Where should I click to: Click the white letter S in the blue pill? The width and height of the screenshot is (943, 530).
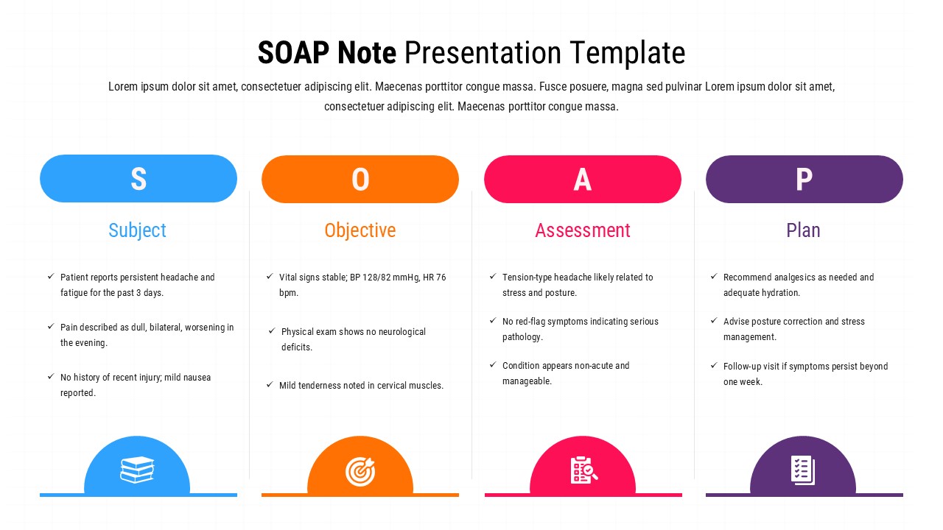(x=139, y=179)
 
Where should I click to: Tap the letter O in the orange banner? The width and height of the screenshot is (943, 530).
(x=360, y=180)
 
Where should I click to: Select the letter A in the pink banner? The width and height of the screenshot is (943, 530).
(x=583, y=180)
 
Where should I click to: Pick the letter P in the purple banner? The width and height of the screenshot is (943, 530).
(x=804, y=180)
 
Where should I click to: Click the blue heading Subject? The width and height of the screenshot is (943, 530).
(x=137, y=230)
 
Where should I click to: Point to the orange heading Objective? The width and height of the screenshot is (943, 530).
(x=360, y=230)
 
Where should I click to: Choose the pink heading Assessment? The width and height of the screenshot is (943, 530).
(x=583, y=230)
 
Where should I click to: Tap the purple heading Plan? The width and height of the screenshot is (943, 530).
(x=803, y=230)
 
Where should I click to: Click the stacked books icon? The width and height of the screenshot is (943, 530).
(x=137, y=470)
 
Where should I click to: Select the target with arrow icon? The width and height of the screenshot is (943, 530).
(x=360, y=471)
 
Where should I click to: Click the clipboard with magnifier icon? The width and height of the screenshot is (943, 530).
(x=583, y=470)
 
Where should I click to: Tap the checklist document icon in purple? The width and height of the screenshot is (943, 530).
(x=802, y=470)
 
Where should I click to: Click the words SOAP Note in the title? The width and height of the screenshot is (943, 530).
(x=326, y=54)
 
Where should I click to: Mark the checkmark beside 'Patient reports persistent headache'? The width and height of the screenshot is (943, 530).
(x=51, y=277)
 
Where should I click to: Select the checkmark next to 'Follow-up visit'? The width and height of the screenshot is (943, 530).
(x=714, y=366)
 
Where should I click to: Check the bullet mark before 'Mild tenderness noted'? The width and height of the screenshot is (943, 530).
(x=270, y=385)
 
